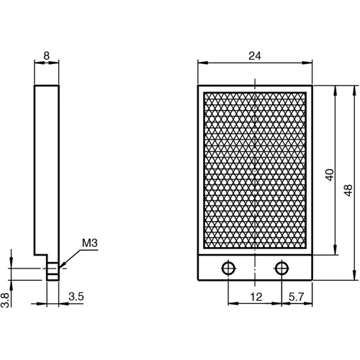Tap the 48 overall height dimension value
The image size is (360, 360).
click(x=348, y=189)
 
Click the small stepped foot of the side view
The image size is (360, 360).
click(x=53, y=271)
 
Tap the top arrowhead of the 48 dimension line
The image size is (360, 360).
click(x=354, y=89)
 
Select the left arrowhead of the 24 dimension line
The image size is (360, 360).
click(x=202, y=63)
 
